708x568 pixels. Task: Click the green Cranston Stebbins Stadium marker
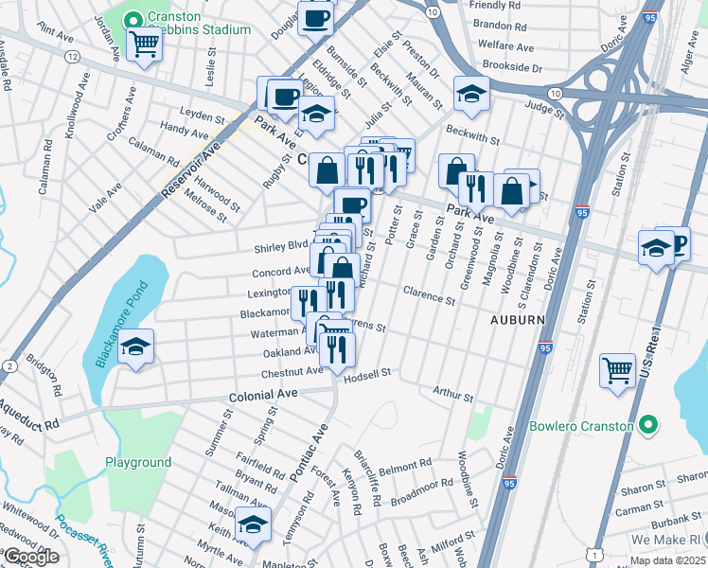[134, 18]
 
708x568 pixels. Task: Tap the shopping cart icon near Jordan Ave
[144, 44]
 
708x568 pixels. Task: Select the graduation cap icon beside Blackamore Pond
[138, 348]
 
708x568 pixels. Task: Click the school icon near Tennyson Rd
[253, 524]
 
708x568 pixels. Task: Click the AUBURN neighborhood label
[517, 320]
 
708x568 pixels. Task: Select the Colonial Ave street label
[263, 393]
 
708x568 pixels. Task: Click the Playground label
[138, 463]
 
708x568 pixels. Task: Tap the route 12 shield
[72, 58]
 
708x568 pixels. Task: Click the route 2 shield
[9, 366]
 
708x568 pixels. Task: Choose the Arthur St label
[451, 393]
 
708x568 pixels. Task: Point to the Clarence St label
[429, 294]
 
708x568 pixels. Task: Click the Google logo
[31, 557]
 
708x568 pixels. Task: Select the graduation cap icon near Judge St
[470, 93]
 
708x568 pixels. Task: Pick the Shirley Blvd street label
[281, 247]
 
